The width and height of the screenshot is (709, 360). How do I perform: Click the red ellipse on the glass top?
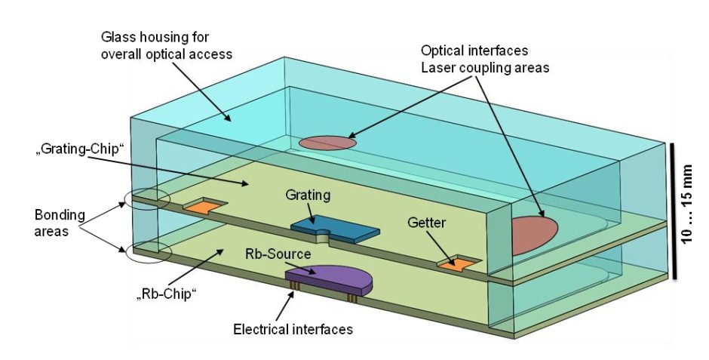coord(327,142)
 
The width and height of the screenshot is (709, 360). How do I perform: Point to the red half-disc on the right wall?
coord(533,234)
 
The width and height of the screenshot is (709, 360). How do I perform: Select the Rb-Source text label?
coord(277,253)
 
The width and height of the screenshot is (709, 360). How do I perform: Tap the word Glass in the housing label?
coord(117,35)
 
